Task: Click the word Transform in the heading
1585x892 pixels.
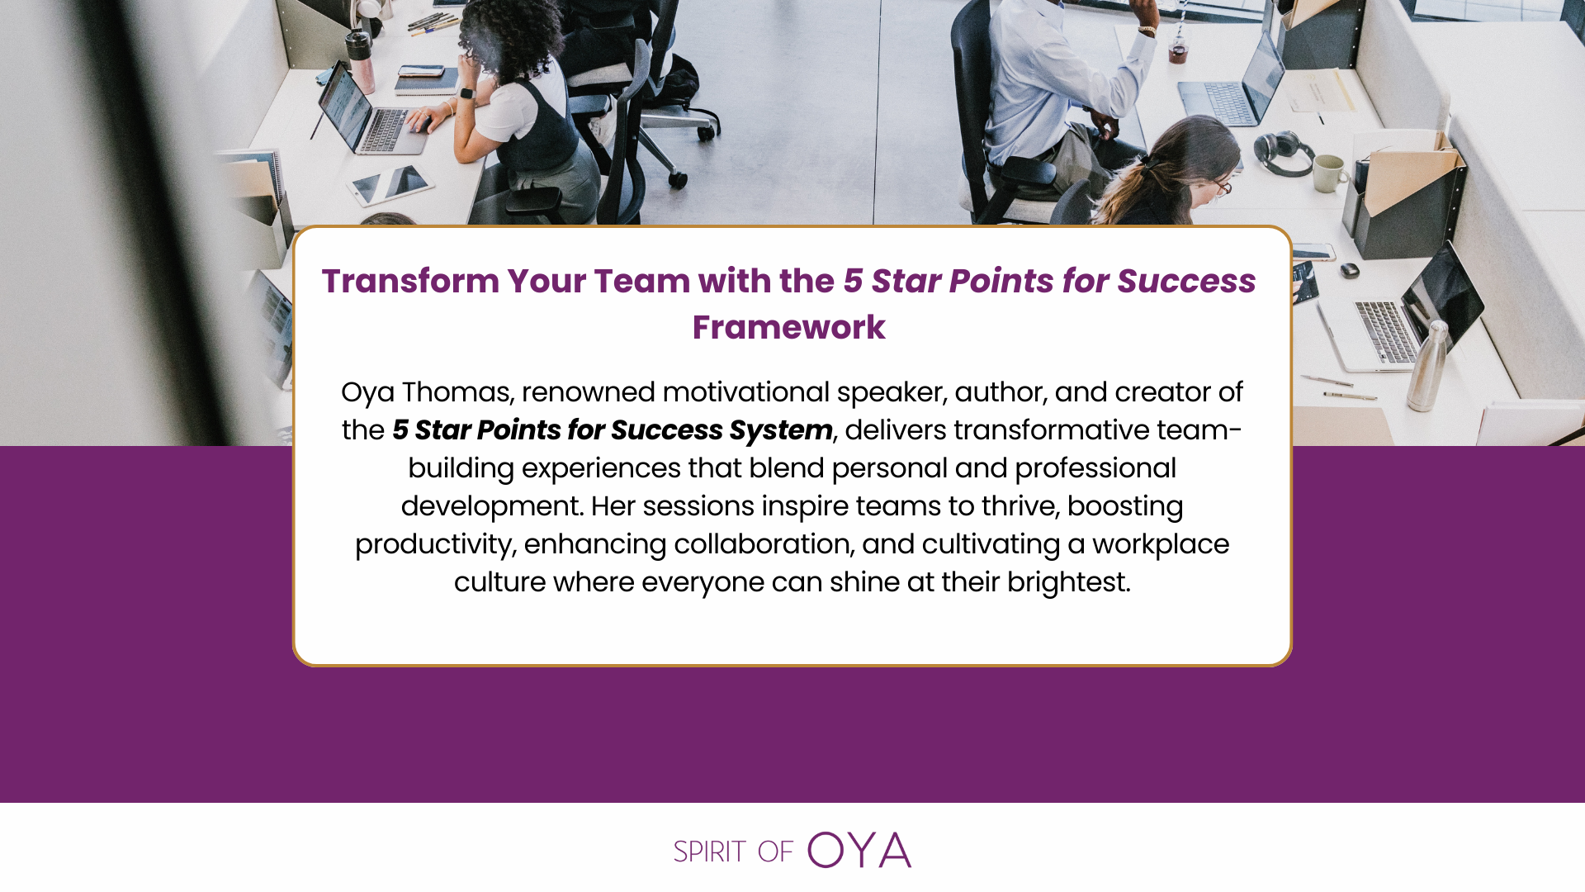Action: (x=409, y=282)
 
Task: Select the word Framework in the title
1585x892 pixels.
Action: (x=788, y=328)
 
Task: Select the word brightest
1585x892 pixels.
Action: (x=1068, y=583)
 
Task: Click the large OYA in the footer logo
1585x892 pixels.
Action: (x=859, y=850)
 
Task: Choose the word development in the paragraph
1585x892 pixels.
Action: (x=492, y=507)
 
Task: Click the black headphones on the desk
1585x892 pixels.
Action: (x=1285, y=154)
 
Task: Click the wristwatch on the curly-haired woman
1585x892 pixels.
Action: (x=467, y=94)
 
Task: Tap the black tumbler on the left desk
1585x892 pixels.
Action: (x=361, y=56)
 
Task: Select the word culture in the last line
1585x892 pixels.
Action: (x=499, y=583)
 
